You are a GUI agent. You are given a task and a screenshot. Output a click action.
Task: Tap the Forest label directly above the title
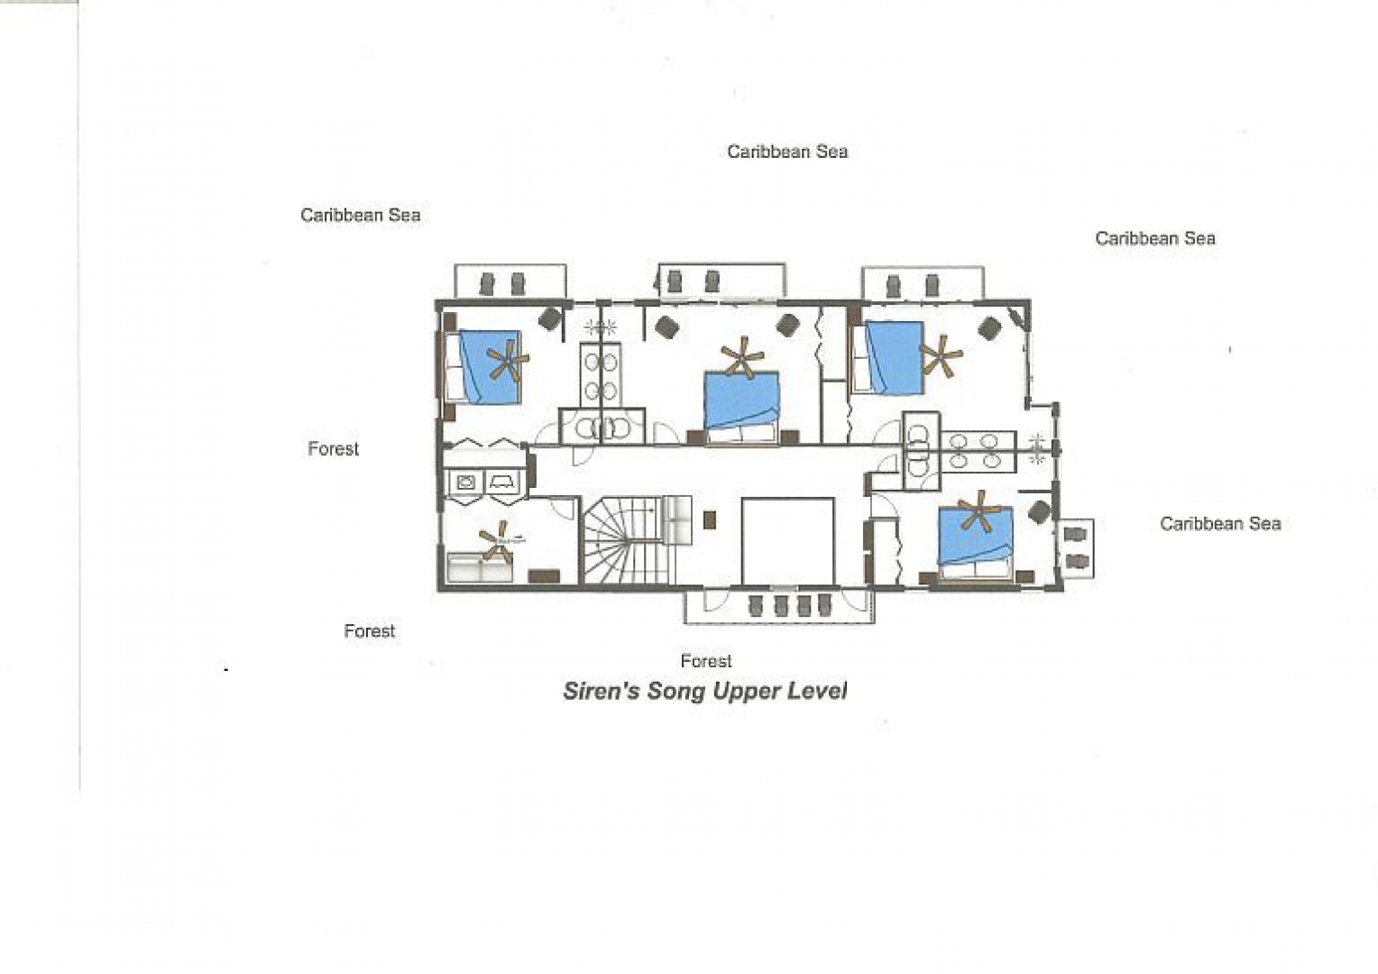click(x=705, y=661)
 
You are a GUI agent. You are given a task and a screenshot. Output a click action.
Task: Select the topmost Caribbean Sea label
click(x=787, y=152)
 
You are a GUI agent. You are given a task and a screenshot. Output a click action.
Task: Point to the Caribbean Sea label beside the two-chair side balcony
click(x=1220, y=524)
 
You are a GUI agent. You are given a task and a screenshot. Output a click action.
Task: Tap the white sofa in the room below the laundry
click(x=479, y=567)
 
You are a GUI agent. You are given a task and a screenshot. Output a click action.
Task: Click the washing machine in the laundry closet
click(x=465, y=482)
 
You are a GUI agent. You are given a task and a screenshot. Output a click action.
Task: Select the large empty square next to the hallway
click(x=787, y=541)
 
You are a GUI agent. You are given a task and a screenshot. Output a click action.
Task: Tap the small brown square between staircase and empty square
click(x=710, y=520)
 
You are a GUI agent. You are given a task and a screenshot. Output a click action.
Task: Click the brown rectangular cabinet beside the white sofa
click(x=544, y=576)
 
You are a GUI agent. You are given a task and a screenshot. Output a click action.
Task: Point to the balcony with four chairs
click(x=779, y=606)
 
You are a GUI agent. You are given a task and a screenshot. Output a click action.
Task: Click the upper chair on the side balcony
click(x=1075, y=534)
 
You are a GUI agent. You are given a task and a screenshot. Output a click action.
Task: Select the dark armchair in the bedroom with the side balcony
click(x=1039, y=512)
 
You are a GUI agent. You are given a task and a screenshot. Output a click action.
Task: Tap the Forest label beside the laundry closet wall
click(x=333, y=448)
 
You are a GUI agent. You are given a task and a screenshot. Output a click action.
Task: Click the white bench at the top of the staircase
click(x=676, y=520)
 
